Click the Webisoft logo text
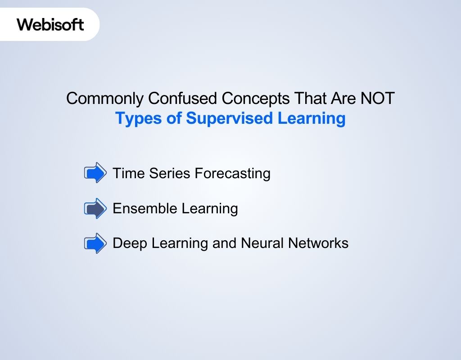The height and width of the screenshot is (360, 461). point(50,24)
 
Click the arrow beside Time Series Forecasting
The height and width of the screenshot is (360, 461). point(95,173)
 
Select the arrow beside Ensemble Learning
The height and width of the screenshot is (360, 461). point(95,208)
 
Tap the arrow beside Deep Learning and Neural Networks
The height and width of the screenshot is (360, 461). point(95,243)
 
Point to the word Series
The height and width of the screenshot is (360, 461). point(163,173)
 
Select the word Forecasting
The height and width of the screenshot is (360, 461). point(229,173)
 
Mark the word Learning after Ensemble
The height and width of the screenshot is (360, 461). point(210,208)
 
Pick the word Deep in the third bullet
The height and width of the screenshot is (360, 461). point(130,243)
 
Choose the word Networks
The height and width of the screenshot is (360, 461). point(318,243)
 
